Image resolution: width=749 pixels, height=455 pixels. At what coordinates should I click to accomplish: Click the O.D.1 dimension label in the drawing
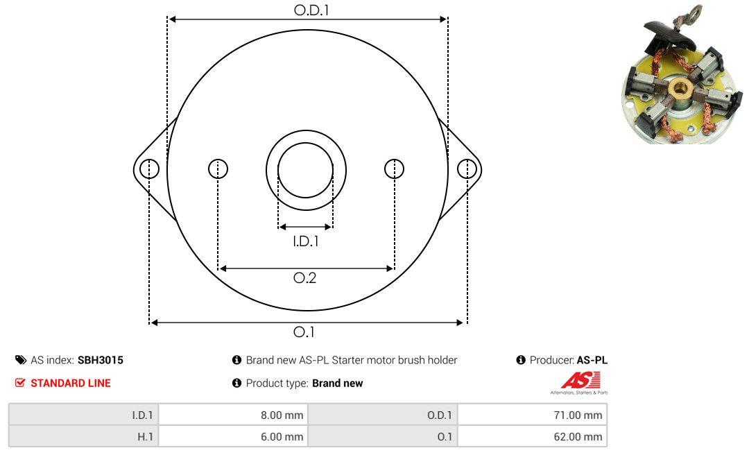(311, 10)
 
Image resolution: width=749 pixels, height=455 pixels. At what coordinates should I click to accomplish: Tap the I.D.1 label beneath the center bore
(306, 241)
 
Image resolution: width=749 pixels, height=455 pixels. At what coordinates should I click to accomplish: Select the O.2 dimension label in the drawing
(304, 277)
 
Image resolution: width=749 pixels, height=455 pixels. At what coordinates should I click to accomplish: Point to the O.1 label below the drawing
(304, 332)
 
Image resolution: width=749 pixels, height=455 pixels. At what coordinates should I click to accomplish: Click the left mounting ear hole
(150, 169)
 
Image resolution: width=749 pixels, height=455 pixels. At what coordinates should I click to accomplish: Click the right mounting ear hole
(467, 169)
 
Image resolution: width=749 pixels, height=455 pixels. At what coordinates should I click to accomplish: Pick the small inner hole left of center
(218, 169)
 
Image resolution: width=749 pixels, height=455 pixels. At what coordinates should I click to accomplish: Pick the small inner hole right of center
(394, 169)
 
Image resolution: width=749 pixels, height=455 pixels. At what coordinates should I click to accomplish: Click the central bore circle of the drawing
(306, 170)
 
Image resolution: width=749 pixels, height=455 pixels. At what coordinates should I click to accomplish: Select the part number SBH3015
(101, 360)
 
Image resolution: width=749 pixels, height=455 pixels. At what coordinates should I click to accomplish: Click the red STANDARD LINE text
(71, 383)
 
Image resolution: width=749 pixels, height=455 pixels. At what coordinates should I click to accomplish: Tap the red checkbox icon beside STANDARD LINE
(20, 383)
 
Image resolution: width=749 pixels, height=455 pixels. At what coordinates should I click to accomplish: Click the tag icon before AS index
(21, 360)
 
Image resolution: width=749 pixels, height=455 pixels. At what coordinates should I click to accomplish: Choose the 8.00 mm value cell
(233, 415)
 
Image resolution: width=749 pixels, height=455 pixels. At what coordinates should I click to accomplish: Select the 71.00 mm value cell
(532, 415)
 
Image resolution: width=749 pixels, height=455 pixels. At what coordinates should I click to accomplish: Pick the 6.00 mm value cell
(233, 436)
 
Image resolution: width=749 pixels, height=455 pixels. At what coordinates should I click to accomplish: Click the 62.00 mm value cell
(532, 436)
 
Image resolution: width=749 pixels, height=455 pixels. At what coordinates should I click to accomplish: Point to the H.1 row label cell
(84, 436)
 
